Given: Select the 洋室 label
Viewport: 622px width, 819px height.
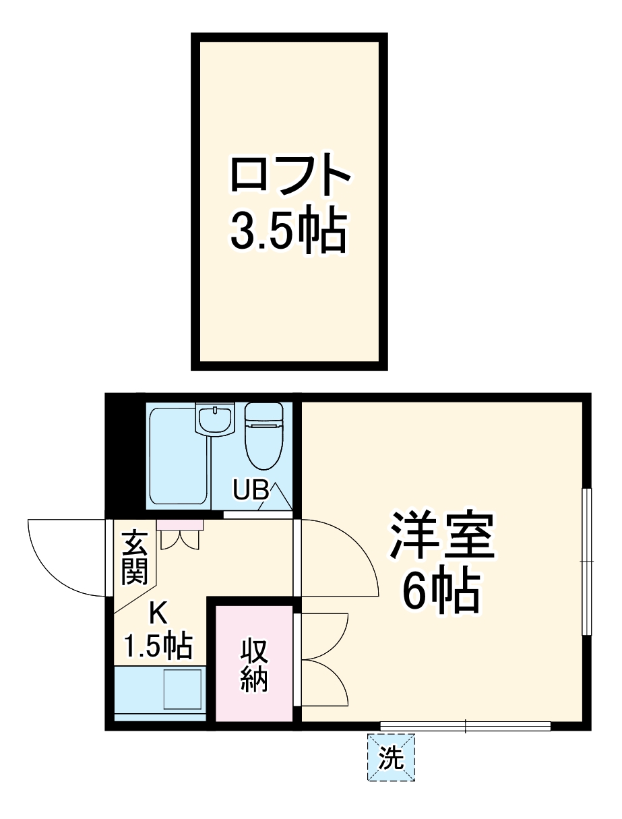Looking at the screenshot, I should coord(441,536).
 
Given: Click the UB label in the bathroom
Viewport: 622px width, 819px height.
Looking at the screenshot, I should coord(251,491).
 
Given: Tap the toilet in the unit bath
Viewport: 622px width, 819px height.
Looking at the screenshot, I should coord(263,435).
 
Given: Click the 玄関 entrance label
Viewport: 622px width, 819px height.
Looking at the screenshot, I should coord(135,558).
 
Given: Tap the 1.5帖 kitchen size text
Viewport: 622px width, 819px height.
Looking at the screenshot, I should coord(159,646).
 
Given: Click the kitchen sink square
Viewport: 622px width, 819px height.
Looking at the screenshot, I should coord(183,690).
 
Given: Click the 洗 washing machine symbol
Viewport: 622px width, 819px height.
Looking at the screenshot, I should coord(391,758).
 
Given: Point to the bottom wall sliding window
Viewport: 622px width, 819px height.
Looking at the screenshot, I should coord(465,726).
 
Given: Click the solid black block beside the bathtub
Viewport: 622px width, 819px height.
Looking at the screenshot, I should coord(126,455).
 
